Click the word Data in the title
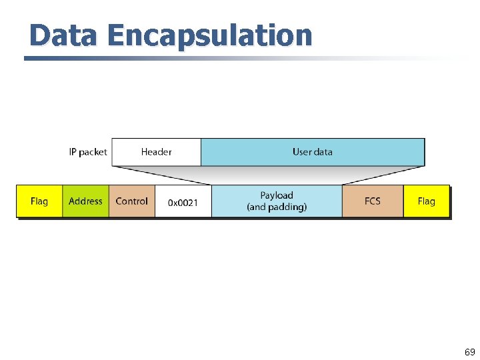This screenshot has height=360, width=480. pyautogui.click(x=64, y=35)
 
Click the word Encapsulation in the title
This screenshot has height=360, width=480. pyautogui.click(x=209, y=35)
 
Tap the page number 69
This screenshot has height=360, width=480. pyautogui.click(x=469, y=352)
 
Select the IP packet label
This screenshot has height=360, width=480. pyautogui.click(x=87, y=152)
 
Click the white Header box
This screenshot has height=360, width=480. pyautogui.click(x=156, y=152)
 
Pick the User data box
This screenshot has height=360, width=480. pyautogui.click(x=312, y=152)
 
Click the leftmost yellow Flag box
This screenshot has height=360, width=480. pyautogui.click(x=39, y=201)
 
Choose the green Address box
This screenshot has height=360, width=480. pyautogui.click(x=85, y=201)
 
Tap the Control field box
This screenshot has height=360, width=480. pyautogui.click(x=132, y=201)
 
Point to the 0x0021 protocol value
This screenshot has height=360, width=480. pyautogui.click(x=183, y=202)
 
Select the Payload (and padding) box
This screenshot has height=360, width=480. pyautogui.click(x=277, y=201)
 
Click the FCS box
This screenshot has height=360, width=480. pyautogui.click(x=373, y=201)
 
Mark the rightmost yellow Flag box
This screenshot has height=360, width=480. pyautogui.click(x=426, y=201)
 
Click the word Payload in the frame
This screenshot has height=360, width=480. pyautogui.click(x=277, y=195)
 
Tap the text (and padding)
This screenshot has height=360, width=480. pyautogui.click(x=277, y=207)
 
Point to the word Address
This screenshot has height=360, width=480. pyautogui.click(x=85, y=201)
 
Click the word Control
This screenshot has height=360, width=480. pyautogui.click(x=131, y=201)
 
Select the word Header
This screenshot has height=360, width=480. pyautogui.click(x=156, y=152)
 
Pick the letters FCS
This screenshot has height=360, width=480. pyautogui.click(x=373, y=201)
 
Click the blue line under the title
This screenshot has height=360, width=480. pyautogui.click(x=200, y=58)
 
